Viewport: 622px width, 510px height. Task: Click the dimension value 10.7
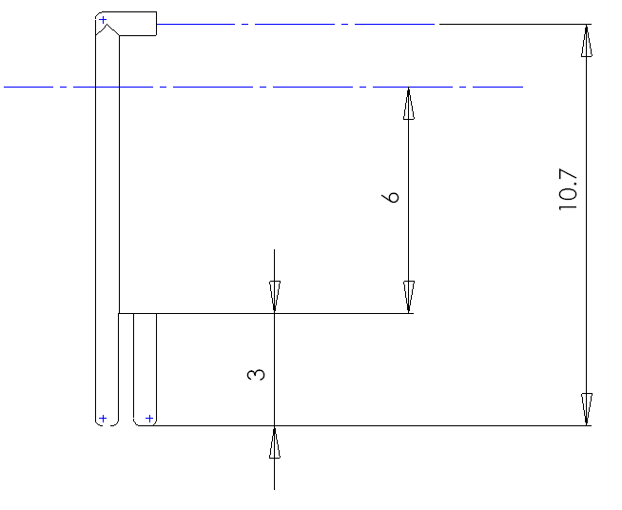coord(568,189)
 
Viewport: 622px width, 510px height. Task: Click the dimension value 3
coord(256,375)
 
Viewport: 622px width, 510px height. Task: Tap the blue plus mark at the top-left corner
coord(103,19)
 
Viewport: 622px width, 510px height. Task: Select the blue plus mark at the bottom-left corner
coord(103,419)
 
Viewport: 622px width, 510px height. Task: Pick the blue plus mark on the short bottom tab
coord(149,419)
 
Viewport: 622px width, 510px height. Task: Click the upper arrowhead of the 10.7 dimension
coord(587,41)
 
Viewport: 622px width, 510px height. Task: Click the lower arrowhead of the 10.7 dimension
coord(587,409)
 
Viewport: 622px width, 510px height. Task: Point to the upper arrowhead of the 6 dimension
coord(409,103)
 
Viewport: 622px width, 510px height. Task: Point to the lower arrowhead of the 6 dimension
coord(409,297)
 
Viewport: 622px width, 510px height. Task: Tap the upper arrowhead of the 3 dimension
coord(275,297)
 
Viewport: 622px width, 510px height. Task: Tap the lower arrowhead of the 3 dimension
coord(275,442)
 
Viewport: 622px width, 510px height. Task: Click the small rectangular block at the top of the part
coord(138,24)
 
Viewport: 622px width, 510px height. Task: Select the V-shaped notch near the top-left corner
coord(107,29)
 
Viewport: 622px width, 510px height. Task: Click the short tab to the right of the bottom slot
coord(145,369)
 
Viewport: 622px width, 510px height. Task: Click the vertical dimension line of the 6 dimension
coord(409,200)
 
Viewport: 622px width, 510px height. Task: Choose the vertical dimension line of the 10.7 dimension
coord(587,226)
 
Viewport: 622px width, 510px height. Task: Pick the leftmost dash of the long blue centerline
coord(29,87)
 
